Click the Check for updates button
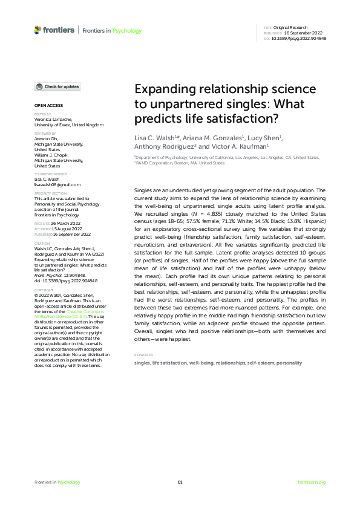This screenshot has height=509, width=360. pyautogui.click(x=57, y=87)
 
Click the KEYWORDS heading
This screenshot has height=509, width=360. pyautogui.click(x=143, y=354)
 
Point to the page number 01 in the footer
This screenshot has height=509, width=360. pyautogui.click(x=180, y=482)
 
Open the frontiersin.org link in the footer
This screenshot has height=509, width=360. pyautogui.click(x=312, y=482)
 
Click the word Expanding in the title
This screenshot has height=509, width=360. pyautogui.click(x=162, y=89)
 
